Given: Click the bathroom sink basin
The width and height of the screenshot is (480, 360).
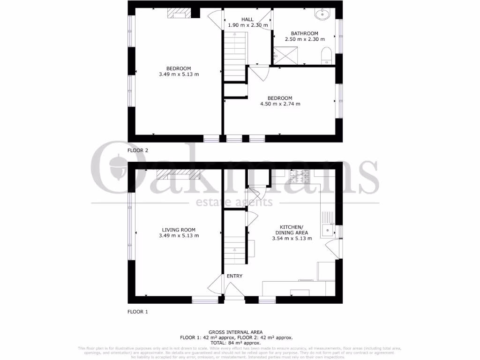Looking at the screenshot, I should point(323,14).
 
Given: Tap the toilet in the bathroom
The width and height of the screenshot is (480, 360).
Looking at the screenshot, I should point(327,57).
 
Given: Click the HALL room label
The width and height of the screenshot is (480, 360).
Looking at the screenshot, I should point(247,19).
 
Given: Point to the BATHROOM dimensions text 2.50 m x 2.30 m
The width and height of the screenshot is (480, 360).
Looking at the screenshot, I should point(304,39).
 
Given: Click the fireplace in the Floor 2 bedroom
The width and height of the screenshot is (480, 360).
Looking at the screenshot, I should point(179,14).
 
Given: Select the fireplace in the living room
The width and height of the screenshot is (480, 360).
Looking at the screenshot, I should point(178,175).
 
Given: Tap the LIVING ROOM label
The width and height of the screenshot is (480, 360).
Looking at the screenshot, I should point(179,230).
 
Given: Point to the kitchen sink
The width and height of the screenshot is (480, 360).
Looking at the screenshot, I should point(327,230).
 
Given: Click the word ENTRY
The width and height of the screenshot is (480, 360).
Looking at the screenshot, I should point(234,276).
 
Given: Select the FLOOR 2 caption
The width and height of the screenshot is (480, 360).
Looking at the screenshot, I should point(138,150).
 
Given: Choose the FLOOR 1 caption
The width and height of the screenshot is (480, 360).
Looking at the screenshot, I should point(138,311).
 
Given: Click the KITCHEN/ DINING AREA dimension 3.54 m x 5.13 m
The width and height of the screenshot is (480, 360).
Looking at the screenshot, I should point(292,238).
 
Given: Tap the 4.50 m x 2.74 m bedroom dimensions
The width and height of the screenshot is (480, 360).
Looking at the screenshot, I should point(280,104).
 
